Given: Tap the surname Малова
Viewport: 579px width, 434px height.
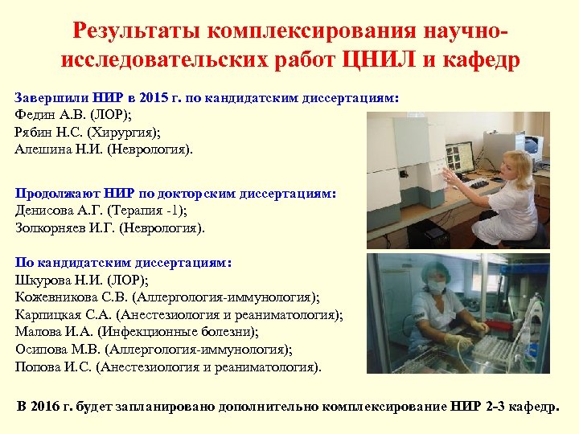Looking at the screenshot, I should (36, 332).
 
